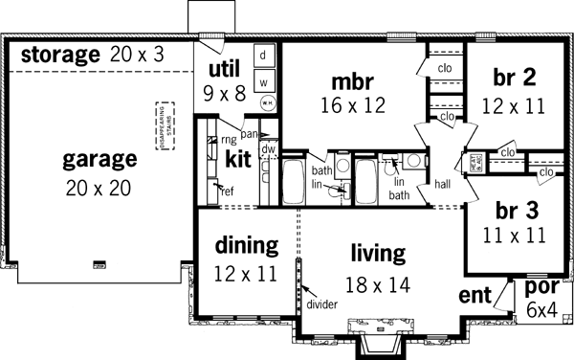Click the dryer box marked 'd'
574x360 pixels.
pos(263,56)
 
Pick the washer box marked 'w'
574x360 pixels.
pos(263,79)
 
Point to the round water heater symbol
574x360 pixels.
pos(267,101)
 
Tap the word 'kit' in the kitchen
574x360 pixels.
pos(239,158)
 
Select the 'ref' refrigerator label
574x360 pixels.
pos(228,190)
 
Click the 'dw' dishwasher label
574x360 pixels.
pos(269,151)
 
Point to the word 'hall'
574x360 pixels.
pos(441,183)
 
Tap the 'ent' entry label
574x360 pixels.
pos(475,294)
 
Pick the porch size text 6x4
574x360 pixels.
pos(542,309)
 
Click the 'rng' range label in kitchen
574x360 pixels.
pos(229,139)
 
